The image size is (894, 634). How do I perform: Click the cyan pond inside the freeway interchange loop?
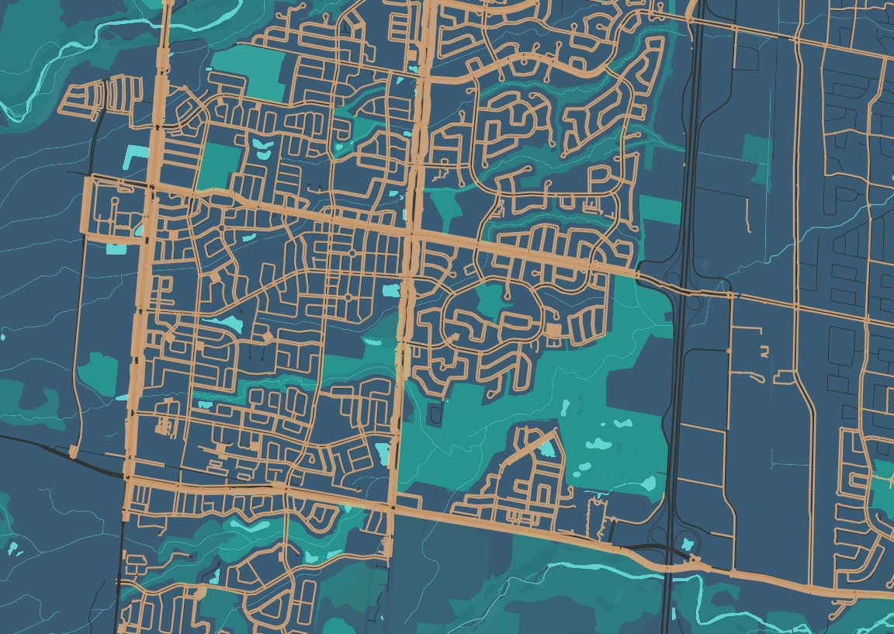tap(688, 544)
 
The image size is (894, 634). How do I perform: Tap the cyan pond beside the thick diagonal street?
tap(549, 448)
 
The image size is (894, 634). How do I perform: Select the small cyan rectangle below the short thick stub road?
tap(116, 249)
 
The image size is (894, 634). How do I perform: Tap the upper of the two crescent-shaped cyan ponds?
tap(259, 143)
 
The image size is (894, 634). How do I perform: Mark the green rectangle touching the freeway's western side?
tap(660, 210)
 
